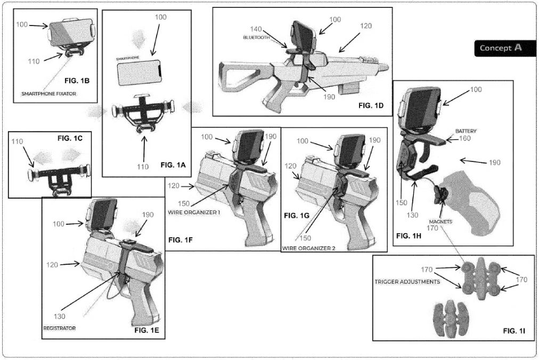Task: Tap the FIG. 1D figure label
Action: (373, 105)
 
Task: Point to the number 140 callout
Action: (257, 29)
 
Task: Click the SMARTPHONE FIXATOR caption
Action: (48, 93)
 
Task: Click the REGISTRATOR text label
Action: (59, 328)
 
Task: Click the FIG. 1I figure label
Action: (514, 331)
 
